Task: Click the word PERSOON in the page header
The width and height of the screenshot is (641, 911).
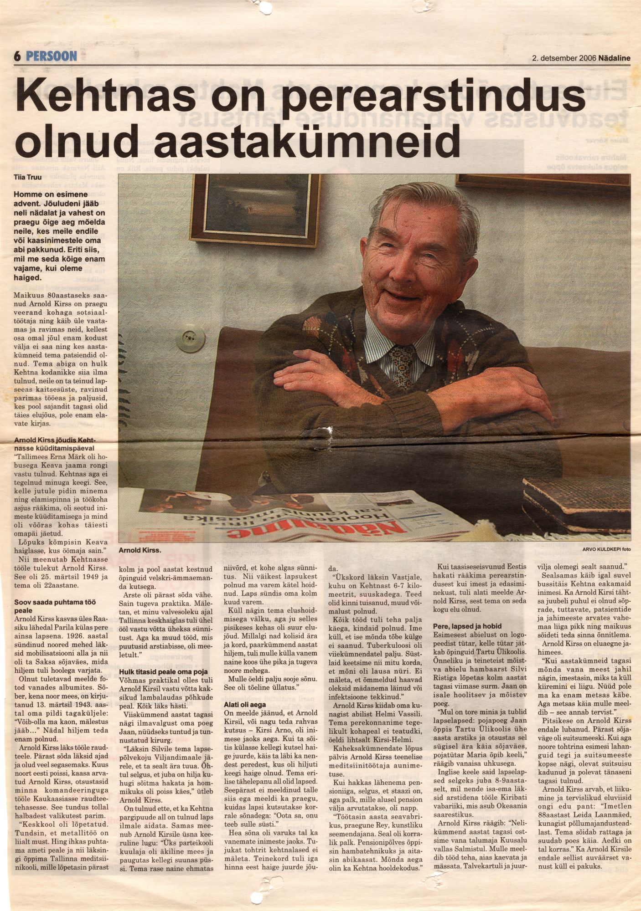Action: [x=52, y=56]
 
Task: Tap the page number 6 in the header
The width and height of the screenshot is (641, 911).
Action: [x=18, y=56]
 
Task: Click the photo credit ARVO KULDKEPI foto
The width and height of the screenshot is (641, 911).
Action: [x=606, y=549]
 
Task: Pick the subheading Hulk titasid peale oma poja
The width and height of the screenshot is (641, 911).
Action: [x=163, y=671]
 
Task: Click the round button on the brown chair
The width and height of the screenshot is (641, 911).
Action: [x=187, y=340]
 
